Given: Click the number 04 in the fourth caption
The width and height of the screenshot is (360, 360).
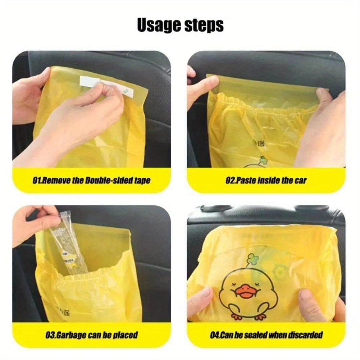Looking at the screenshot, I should click(215, 335).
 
